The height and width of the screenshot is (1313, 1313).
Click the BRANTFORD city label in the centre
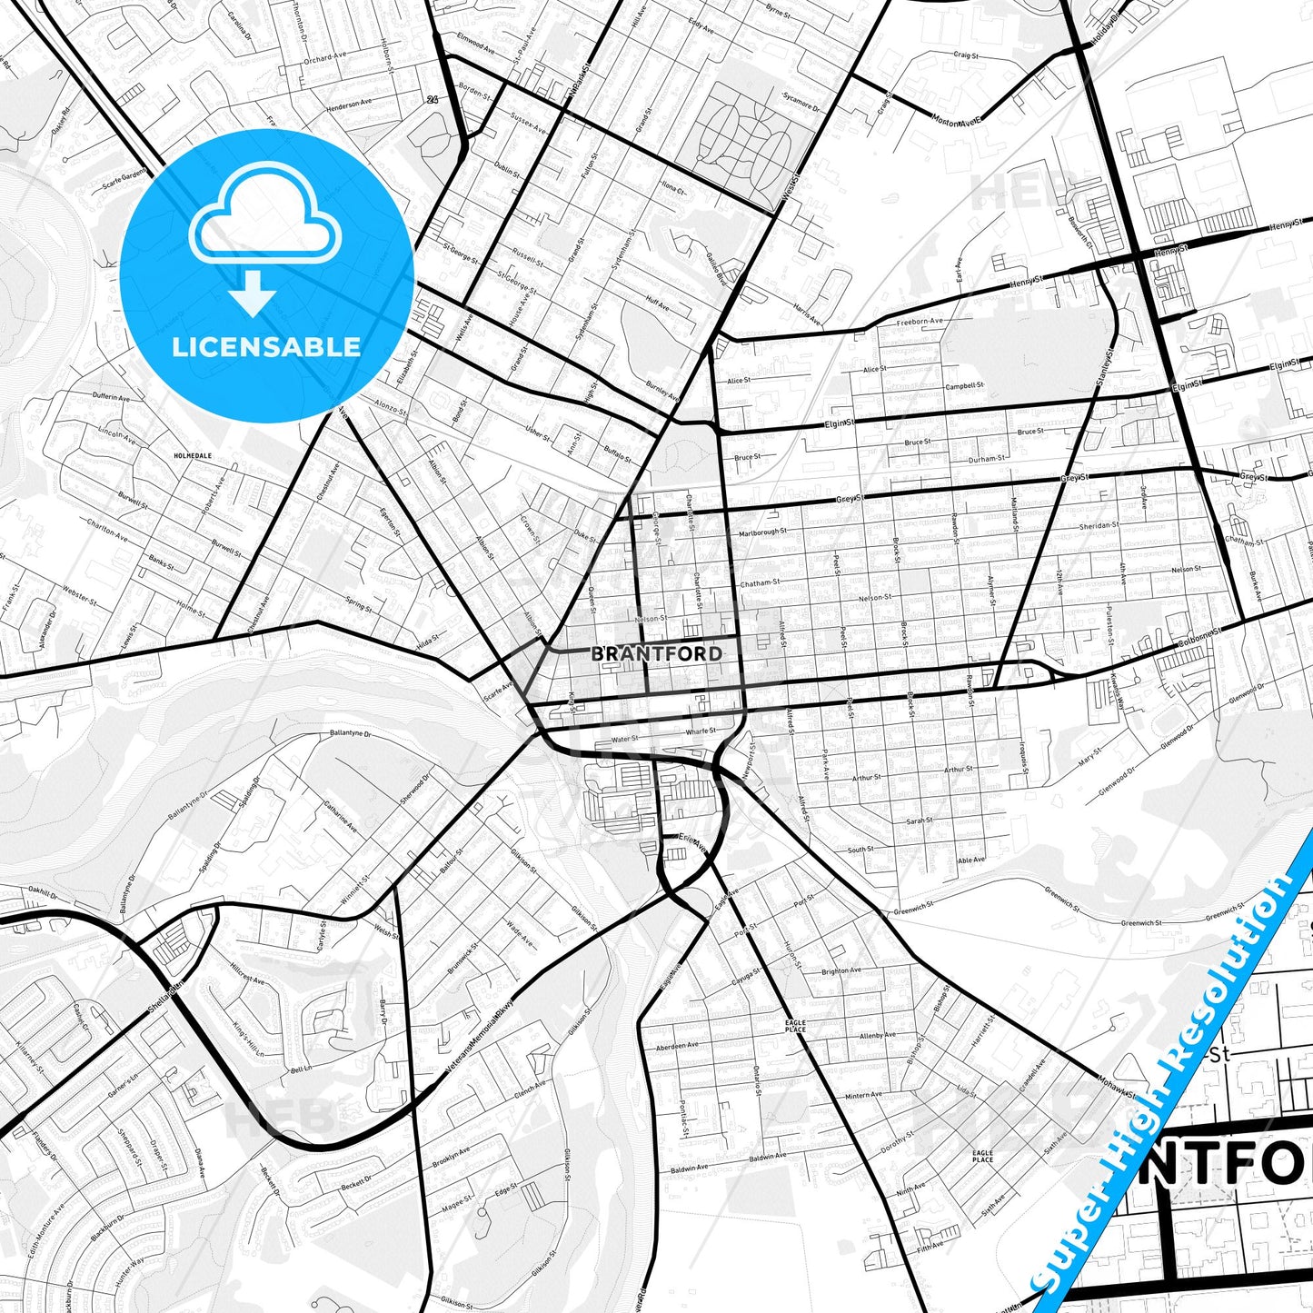point(657,653)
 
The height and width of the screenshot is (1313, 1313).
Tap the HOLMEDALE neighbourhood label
point(192,455)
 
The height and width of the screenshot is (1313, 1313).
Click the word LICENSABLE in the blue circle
point(267,346)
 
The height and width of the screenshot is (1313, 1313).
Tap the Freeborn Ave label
point(920,322)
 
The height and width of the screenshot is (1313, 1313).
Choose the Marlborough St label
point(761,532)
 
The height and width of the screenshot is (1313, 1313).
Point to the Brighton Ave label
point(841,970)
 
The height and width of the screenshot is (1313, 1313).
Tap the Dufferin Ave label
point(113,396)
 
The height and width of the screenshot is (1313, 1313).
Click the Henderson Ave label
point(349,104)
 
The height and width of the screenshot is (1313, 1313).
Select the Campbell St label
point(964,385)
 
